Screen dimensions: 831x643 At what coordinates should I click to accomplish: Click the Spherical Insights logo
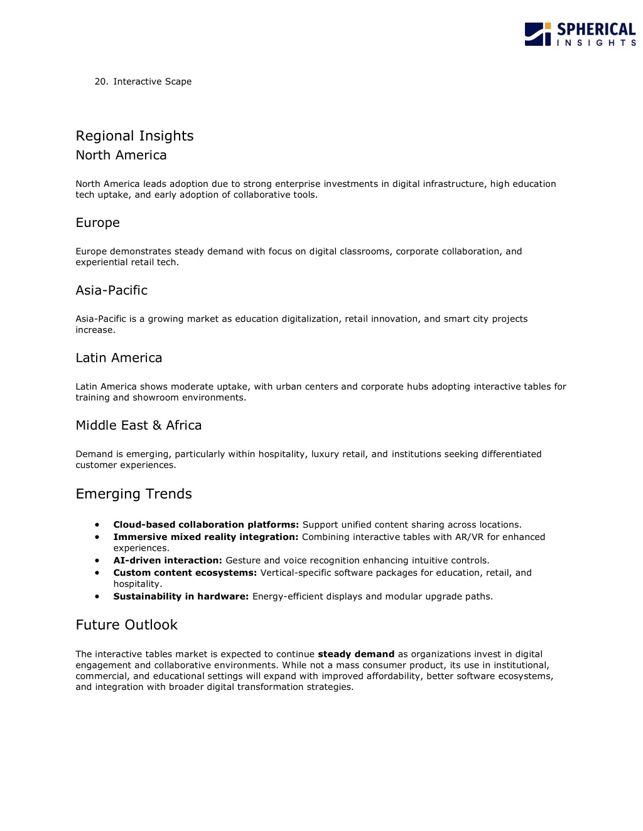pos(580,34)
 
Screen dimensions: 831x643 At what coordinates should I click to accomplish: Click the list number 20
pos(101,82)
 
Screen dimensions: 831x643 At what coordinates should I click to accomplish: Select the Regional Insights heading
pos(134,136)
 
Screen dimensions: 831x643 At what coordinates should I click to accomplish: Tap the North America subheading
pos(121,155)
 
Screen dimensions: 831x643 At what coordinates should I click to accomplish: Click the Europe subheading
pos(97,223)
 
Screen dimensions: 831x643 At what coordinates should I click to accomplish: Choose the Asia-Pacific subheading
pos(111,290)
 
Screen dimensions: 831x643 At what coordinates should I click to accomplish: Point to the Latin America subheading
pos(119,358)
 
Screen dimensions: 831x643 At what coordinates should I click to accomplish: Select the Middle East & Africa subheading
pos(138,425)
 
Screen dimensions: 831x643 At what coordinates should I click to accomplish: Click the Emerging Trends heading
pos(134,494)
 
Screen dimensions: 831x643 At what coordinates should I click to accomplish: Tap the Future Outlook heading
pos(126,625)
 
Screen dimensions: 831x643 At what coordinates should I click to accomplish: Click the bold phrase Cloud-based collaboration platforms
pos(206,525)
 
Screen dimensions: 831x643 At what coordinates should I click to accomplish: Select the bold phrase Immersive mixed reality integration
pos(205,537)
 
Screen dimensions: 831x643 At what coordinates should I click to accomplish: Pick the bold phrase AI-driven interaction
pos(168,561)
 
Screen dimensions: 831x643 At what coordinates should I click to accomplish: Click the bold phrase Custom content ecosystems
pos(185,573)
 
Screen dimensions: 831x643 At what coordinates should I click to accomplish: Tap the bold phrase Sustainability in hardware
pos(181,596)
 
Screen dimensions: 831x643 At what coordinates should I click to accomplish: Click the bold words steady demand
pos(356,654)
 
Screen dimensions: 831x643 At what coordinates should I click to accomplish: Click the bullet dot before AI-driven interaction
pos(97,561)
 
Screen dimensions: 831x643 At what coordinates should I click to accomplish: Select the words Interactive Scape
pos(153,82)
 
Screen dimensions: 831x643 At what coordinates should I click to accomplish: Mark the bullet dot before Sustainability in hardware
pos(97,596)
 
